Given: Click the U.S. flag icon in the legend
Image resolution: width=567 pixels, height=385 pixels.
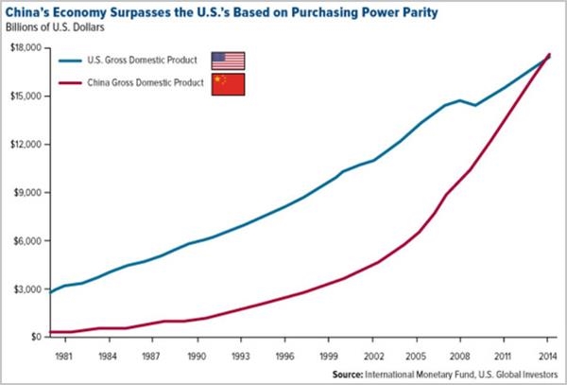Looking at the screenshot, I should click(228, 61).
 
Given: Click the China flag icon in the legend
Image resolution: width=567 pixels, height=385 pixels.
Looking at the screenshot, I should click(228, 85).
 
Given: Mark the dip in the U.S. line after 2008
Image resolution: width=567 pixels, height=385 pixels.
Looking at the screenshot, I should click(475, 105).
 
